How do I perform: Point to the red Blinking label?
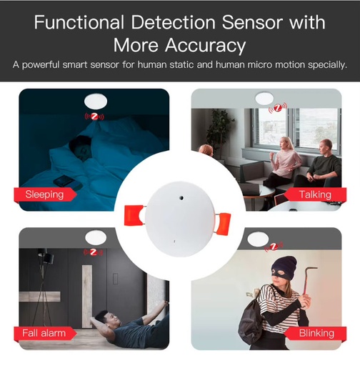point(314,332)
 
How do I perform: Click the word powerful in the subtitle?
point(47,65)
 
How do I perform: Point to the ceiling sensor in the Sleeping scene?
point(94,99)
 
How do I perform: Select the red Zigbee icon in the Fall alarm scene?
point(94,252)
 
